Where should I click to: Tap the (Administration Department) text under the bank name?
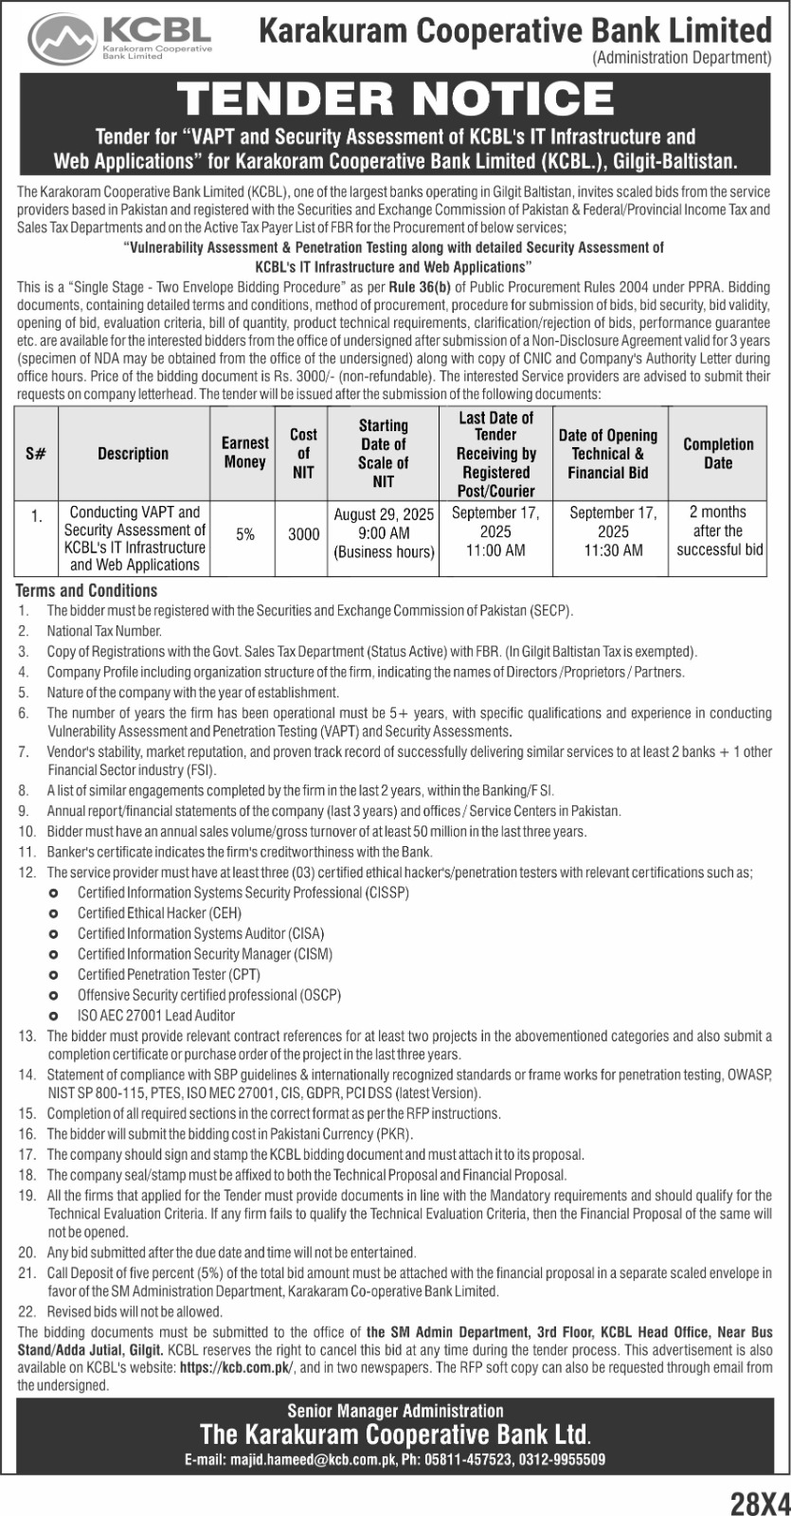[681, 59]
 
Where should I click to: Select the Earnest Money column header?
[244, 453]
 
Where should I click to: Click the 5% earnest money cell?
[245, 534]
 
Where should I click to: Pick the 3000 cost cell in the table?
[303, 534]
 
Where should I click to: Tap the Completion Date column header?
[718, 453]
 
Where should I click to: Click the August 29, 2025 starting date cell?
[384, 515]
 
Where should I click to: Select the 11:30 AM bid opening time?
[613, 550]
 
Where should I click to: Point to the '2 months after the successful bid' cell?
[718, 532]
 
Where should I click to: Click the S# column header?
[36, 453]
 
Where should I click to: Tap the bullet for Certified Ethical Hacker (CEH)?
[54, 913]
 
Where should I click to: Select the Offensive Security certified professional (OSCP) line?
[208, 995]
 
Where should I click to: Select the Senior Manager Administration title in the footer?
[395, 1412]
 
